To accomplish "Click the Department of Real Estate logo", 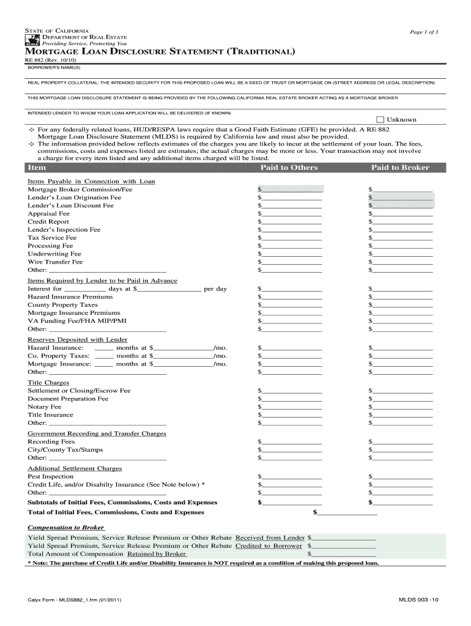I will [x=31, y=41].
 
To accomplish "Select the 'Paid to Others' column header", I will [x=289, y=168].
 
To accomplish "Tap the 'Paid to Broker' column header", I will [x=400, y=168].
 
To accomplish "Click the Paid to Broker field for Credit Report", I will [x=402, y=222].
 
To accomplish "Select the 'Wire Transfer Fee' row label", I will [x=55, y=262].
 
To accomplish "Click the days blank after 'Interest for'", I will [x=85, y=289].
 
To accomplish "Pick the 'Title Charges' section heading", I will [x=48, y=383].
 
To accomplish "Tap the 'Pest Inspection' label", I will [x=50, y=476].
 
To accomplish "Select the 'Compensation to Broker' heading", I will [x=65, y=527].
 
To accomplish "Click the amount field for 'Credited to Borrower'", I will [x=344, y=546].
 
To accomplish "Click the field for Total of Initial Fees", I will [x=347, y=512].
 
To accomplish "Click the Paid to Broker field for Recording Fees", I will [x=402, y=441].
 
